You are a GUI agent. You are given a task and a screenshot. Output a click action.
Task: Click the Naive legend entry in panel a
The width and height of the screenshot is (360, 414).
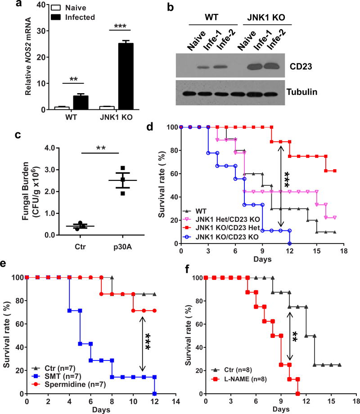point(64,8)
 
